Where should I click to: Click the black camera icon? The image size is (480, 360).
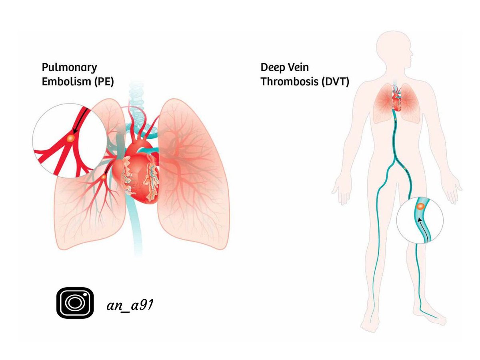point(75,303)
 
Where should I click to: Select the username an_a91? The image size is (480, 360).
point(131,306)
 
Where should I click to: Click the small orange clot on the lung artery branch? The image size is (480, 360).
point(104,176)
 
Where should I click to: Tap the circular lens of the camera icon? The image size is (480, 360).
point(74,303)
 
